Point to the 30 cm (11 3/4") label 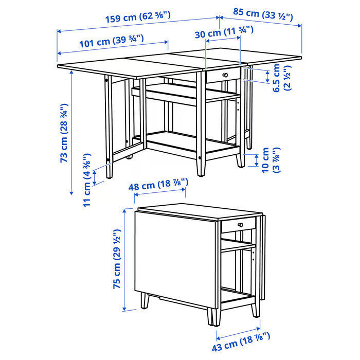[224, 33]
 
